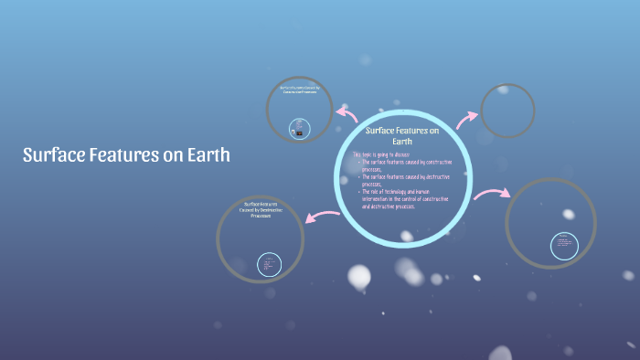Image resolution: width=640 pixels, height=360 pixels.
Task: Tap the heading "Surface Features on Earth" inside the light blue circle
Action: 402,136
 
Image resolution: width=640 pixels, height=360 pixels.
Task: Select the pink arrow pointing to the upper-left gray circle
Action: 347,113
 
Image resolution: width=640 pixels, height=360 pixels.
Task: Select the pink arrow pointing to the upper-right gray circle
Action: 467,119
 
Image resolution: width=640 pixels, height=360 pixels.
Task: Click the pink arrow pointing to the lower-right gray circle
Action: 491,194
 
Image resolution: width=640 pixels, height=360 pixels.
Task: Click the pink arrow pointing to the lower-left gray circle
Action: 323,217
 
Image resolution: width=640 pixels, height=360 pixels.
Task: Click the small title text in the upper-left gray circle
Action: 300,90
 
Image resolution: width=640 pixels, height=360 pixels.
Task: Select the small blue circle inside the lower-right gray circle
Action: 563,246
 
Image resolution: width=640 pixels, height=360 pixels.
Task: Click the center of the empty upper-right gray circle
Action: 507,111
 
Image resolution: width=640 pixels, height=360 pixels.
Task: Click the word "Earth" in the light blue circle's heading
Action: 402,142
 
